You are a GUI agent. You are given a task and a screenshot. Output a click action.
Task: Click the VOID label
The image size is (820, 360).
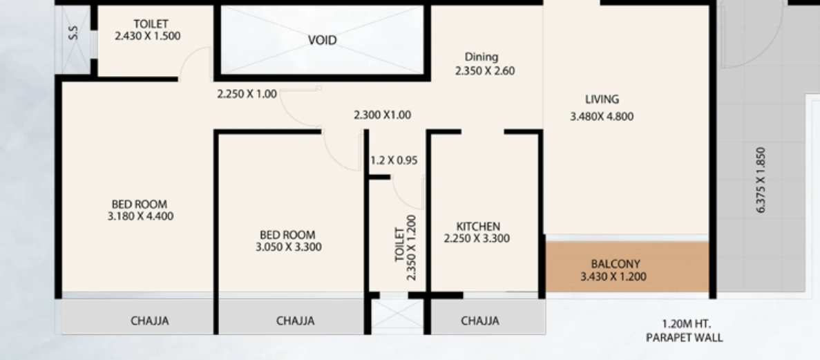tap(322, 40)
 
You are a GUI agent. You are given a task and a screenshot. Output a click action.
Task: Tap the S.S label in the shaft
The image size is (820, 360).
tap(74, 33)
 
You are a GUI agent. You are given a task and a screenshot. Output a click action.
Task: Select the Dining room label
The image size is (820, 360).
tap(481, 57)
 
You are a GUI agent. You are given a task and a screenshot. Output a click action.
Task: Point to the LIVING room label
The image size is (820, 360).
tap(602, 99)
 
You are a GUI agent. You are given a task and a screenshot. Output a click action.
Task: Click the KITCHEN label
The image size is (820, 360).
tap(478, 227)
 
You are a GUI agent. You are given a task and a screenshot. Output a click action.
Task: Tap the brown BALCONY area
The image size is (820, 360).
tap(627, 267)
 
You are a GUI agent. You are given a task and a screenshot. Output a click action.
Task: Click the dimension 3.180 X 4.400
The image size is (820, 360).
tap(141, 216)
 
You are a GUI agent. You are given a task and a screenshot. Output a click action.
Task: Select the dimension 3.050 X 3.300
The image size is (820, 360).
tap(289, 247)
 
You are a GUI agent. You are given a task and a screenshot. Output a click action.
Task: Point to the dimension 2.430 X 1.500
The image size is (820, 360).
tap(147, 36)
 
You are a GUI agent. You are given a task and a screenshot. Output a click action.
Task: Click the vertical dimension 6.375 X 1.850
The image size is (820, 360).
tap(761, 180)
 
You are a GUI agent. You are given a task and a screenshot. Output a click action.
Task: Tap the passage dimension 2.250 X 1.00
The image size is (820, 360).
tap(247, 94)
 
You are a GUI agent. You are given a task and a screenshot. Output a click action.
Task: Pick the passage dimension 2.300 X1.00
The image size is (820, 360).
tap(382, 115)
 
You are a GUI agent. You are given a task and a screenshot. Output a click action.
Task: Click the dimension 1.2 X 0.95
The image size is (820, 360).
tap(394, 160)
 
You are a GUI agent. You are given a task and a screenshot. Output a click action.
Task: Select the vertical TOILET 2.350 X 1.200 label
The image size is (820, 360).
tap(406, 247)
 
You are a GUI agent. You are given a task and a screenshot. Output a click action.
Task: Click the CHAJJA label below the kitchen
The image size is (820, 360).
tap(480, 321)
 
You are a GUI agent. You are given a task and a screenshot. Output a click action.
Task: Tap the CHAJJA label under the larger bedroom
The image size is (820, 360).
tap(150, 321)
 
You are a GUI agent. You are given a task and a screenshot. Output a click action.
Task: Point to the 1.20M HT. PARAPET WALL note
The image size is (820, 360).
tap(685, 331)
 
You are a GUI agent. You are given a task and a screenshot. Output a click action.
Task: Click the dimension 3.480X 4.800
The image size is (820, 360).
tap(602, 116)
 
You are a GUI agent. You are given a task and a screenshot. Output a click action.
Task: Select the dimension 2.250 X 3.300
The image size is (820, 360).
tap(477, 238)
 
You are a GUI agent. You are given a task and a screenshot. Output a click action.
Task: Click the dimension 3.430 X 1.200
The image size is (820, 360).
tap(613, 276)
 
